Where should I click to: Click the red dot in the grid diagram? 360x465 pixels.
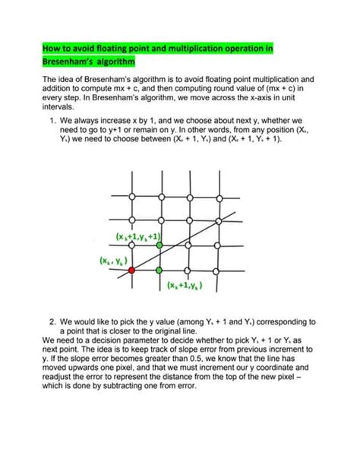pos(131,270)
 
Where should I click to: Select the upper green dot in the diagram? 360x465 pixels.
pos(159,245)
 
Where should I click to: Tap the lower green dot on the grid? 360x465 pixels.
pos(159,270)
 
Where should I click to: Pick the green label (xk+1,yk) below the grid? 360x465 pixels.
pos(185,286)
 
